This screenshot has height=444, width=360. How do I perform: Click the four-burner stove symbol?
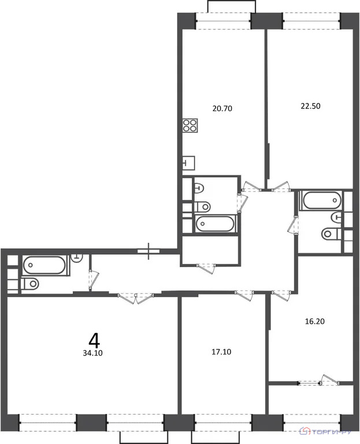pyautogui.click(x=190, y=125)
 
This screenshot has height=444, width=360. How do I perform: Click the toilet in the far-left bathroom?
pyautogui.click(x=29, y=284)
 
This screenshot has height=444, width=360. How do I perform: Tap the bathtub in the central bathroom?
pyautogui.click(x=215, y=223)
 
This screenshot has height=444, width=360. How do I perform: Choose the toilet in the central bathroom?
pyautogui.click(x=203, y=206)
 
